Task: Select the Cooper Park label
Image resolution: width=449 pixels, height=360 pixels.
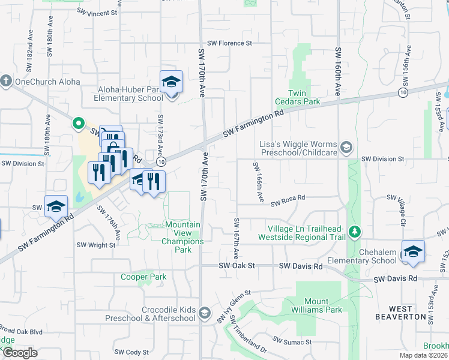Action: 143,277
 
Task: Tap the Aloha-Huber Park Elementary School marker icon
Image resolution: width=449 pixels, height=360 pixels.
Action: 171,82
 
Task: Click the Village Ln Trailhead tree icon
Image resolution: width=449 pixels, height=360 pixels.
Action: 355,232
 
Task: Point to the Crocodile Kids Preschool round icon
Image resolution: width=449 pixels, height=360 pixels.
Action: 205,313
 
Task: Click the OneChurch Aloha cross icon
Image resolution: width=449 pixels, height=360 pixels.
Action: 6,81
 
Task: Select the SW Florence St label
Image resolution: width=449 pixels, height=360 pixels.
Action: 229,43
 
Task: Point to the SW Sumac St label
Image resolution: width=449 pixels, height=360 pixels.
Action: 292,341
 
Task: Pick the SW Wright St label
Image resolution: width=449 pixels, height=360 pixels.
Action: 95,245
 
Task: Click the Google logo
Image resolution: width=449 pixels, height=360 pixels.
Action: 20,353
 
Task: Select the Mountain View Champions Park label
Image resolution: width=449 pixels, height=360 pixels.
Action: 182,233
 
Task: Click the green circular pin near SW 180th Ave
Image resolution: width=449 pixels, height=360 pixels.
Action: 77,124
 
